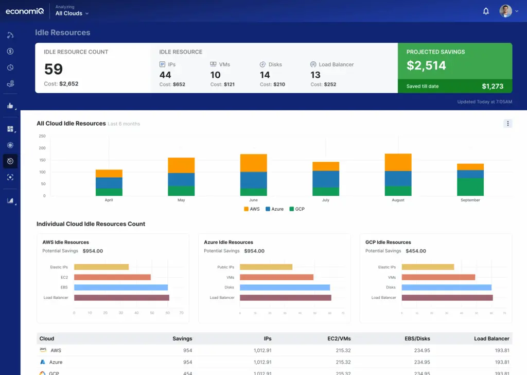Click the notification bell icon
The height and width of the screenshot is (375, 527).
tap(486, 11)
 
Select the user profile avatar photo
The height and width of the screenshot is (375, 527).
tap(505, 11)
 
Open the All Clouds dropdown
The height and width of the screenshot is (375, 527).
tap(72, 13)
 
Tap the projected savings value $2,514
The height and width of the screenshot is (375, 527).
tap(426, 65)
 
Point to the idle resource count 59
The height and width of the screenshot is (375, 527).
tap(54, 69)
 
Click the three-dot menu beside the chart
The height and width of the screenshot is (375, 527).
tap(507, 124)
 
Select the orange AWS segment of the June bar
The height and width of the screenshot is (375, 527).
tap(253, 163)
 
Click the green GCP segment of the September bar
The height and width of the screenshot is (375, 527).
tap(470, 186)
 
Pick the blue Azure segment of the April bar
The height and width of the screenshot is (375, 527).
tap(109, 183)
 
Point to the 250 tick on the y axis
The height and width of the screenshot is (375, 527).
tap(42, 137)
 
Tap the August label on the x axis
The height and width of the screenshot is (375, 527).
tap(398, 200)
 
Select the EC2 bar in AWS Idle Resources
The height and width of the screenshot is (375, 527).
tap(112, 277)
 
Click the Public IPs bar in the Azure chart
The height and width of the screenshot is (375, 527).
tap(266, 267)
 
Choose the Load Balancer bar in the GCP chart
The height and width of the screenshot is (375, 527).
tap(447, 298)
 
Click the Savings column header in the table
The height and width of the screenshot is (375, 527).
tap(182, 338)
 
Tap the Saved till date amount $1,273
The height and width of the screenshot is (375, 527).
tap(492, 87)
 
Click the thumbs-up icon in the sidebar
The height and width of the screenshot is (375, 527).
tap(10, 106)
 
